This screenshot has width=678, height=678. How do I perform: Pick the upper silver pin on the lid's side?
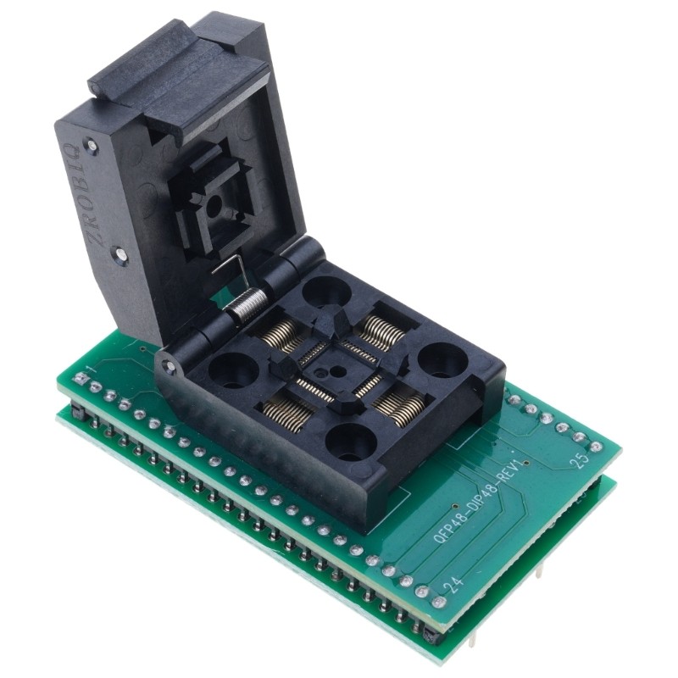click(x=92, y=146)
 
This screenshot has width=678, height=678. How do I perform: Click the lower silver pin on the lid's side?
click(x=121, y=253)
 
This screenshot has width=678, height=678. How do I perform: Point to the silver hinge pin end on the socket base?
click(x=170, y=367)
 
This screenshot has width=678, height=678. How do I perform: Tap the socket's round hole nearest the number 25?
click(x=442, y=361)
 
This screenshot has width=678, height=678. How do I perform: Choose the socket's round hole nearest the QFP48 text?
click(x=351, y=441)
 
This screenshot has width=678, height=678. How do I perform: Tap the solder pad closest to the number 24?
click(x=438, y=602)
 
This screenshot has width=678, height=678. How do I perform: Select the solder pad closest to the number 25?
click(x=596, y=447)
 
